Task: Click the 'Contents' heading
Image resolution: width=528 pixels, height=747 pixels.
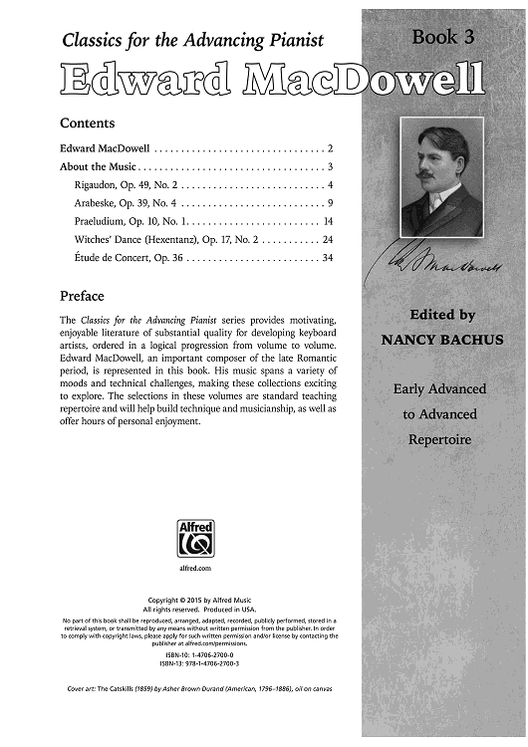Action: point(88,124)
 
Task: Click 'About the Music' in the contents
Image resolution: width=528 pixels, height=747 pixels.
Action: point(96,166)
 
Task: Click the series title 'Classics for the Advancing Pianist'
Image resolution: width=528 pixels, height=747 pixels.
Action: point(193,41)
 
